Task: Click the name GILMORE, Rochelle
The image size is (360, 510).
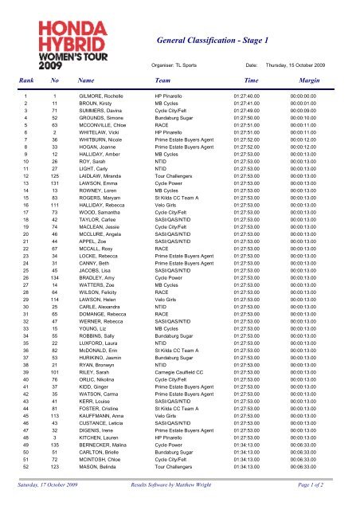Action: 100,118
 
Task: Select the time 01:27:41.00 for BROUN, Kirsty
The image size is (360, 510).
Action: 240,125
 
